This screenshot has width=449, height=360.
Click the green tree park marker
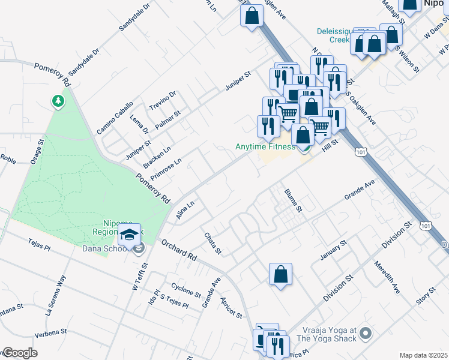58,101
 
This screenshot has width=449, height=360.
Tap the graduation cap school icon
129,235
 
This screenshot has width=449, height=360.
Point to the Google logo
20,353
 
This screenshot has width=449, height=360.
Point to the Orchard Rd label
178,250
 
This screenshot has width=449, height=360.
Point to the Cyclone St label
185,290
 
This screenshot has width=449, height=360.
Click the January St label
334,250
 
